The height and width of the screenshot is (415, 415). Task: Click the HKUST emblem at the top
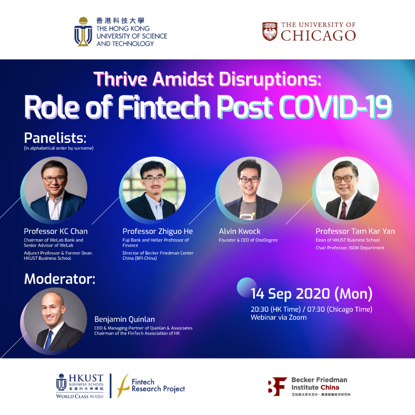[83, 32]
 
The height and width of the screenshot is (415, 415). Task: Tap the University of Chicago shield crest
[270, 32]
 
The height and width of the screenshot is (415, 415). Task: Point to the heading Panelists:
[55, 138]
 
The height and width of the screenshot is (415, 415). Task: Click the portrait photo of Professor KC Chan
[55, 188]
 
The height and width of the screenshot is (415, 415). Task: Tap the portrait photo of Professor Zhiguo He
[154, 188]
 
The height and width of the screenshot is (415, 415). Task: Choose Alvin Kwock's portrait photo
[250, 188]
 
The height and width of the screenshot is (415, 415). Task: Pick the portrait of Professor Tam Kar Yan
[347, 188]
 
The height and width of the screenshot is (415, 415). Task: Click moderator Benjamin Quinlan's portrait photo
[55, 319]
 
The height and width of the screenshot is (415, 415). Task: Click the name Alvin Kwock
[240, 231]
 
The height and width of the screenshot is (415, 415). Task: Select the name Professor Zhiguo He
[158, 231]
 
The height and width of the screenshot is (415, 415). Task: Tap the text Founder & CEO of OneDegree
[248, 240]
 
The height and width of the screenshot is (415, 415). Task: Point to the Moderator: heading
[59, 279]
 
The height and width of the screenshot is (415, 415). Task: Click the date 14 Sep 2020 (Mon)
[312, 294]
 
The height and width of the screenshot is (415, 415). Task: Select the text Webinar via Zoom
[279, 317]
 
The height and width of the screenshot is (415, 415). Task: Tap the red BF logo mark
[277, 387]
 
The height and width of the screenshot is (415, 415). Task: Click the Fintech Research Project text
[158, 385]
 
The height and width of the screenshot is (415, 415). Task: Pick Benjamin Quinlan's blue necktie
[49, 340]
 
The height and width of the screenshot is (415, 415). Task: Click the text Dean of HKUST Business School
[348, 240]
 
